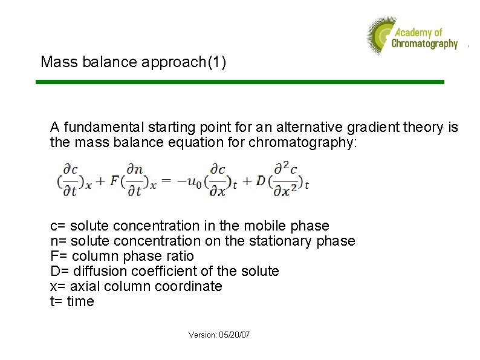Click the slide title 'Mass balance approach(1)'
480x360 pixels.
coord(133,62)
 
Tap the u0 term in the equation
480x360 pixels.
coord(192,182)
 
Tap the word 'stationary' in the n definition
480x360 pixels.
coord(289,241)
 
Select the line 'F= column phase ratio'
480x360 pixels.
coord(122,257)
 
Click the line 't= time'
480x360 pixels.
coord(72,302)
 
